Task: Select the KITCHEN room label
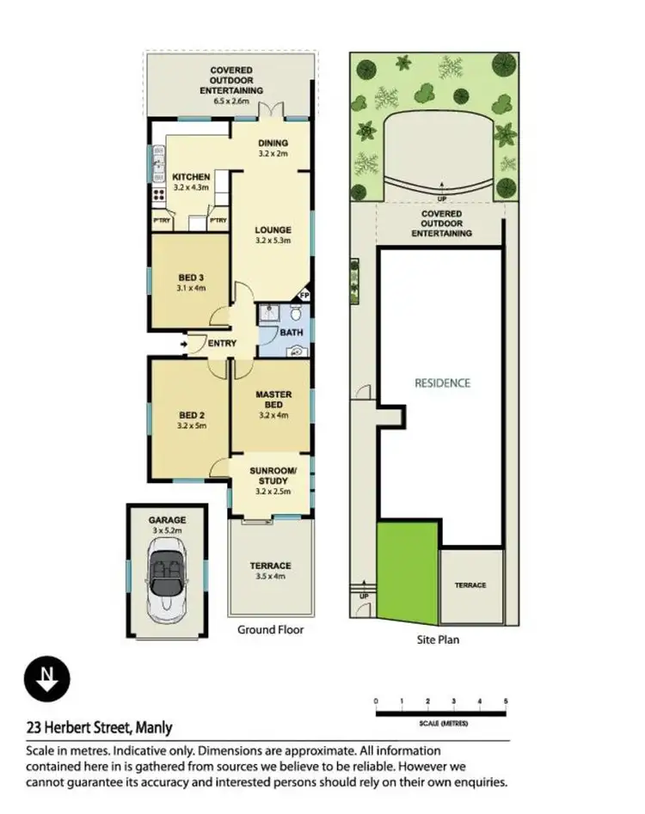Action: click(x=191, y=177)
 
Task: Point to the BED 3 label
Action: click(x=191, y=278)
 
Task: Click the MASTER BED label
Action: click(x=273, y=400)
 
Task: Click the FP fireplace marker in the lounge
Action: click(x=303, y=295)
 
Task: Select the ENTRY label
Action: click(x=221, y=344)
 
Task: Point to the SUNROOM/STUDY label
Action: click(x=273, y=475)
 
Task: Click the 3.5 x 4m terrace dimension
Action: click(x=270, y=577)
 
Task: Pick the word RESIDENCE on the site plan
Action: click(x=443, y=383)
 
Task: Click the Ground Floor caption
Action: click(x=270, y=630)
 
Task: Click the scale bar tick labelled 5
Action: click(x=506, y=702)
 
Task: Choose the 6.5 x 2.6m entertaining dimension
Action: click(x=231, y=101)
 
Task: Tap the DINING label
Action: click(x=273, y=143)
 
